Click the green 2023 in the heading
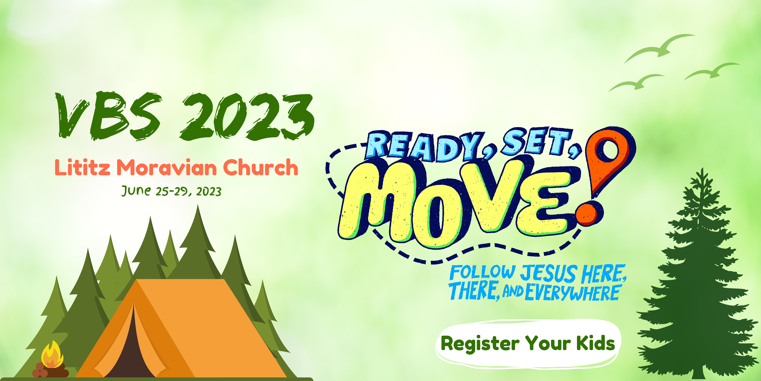tap(248, 116)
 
